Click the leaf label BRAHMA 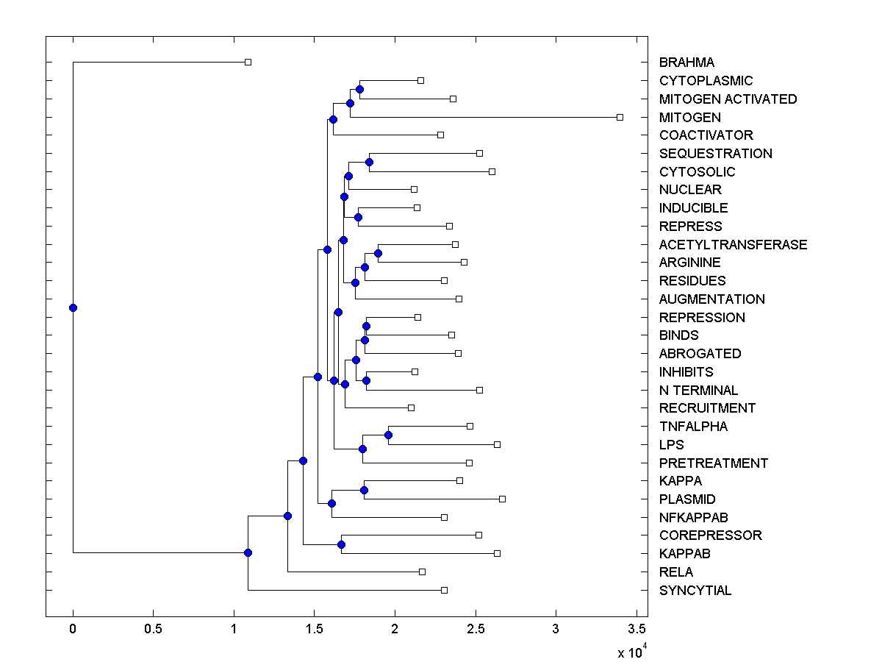tap(686, 63)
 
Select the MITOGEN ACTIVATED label tap(728, 99)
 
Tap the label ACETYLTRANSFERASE tap(733, 244)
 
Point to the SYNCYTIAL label tap(695, 590)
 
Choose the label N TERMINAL tap(698, 390)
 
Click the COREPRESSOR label tap(710, 535)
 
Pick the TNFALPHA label tap(693, 426)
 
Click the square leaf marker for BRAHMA tap(248, 62)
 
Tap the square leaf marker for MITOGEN tap(620, 117)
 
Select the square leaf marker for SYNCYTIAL tap(444, 590)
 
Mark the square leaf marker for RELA tap(422, 572)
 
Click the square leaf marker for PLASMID tap(502, 499)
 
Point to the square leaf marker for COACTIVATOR tap(440, 135)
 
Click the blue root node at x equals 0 tap(73, 307)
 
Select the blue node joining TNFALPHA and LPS tap(388, 435)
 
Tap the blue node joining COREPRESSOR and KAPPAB tap(341, 544)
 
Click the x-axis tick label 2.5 tap(475, 630)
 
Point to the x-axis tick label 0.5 tap(153, 630)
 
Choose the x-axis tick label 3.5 tap(637, 630)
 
